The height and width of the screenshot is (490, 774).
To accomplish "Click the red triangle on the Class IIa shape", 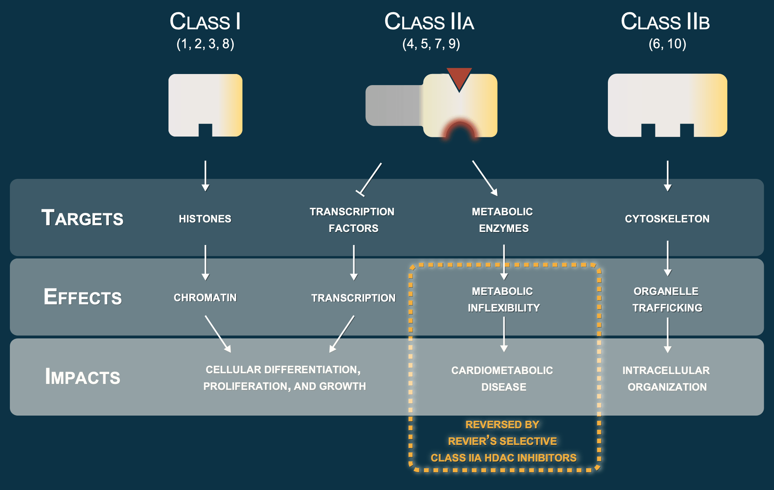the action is click(x=459, y=78).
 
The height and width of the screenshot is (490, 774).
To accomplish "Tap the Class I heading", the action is click(x=205, y=21).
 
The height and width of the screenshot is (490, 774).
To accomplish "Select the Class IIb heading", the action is click(x=665, y=21).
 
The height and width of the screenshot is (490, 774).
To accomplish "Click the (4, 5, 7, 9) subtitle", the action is click(x=431, y=44).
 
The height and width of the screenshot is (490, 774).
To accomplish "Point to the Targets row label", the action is click(x=82, y=218).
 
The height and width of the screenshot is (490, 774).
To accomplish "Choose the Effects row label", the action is click(x=83, y=297).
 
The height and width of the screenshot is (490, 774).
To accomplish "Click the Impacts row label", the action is click(x=83, y=376).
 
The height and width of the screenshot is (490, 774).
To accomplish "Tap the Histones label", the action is click(x=205, y=219).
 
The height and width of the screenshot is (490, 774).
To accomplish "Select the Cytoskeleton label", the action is click(x=667, y=219).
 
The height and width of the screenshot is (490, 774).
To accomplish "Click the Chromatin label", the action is click(x=205, y=298).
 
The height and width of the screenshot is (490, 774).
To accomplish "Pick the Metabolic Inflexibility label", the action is click(x=503, y=300).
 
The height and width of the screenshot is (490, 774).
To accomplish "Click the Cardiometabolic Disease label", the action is click(x=503, y=379).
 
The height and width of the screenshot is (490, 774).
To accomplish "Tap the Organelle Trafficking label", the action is click(x=667, y=300).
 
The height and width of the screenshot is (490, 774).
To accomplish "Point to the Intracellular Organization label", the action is click(x=666, y=379).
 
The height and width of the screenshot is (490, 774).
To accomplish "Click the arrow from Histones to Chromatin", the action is click(x=205, y=263).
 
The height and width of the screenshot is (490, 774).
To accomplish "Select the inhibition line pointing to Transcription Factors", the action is click(x=369, y=179).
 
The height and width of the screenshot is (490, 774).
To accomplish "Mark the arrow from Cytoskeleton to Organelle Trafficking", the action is click(x=668, y=258).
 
